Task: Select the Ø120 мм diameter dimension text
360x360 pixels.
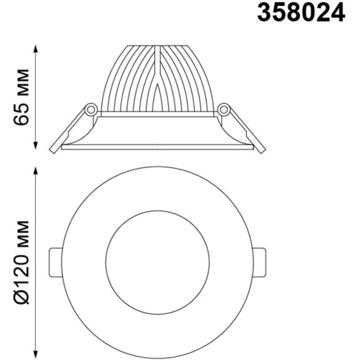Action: (x=22, y=261)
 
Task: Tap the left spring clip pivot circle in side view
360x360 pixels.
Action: (x=91, y=110)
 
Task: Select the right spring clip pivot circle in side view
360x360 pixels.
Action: (x=223, y=110)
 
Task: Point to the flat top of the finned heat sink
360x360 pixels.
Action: (x=157, y=46)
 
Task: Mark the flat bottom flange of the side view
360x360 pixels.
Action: (x=157, y=147)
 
